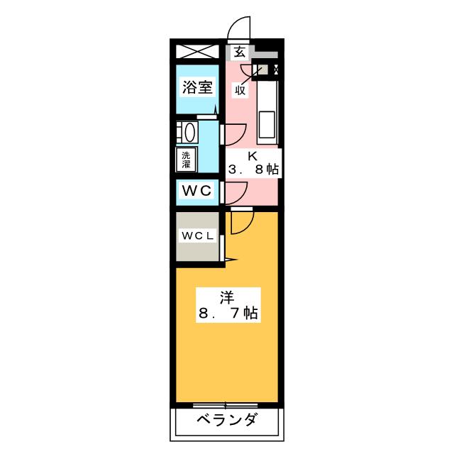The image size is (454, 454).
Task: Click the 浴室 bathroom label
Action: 197,88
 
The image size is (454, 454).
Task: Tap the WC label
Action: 196,192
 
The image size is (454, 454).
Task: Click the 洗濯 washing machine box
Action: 186,159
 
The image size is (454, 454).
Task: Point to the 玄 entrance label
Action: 240,51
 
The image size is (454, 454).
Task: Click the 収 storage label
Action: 241,89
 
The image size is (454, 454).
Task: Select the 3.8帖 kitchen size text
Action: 253,170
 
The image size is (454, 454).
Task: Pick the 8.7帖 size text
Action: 227,313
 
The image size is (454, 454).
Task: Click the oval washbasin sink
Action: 187,133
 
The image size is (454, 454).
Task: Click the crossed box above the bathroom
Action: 198,52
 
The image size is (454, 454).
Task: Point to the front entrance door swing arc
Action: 239,30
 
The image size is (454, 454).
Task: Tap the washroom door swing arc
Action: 236,132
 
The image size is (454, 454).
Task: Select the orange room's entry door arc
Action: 241,222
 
